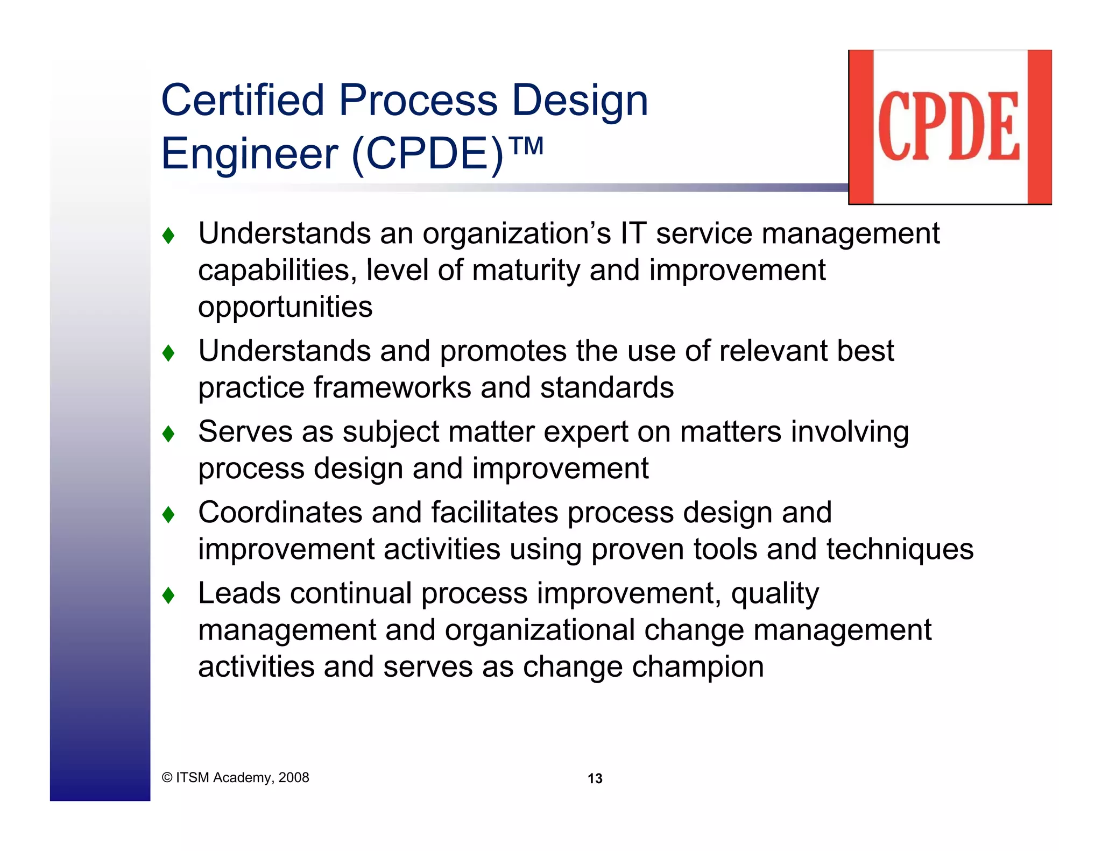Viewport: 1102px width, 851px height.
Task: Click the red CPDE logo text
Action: coord(949,126)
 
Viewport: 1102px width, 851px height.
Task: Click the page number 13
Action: coord(595,778)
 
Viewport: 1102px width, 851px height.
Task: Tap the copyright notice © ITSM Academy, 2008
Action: coord(235,777)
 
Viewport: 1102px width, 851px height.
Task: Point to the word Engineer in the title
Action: coord(250,154)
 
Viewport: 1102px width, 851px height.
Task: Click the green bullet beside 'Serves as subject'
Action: coord(168,434)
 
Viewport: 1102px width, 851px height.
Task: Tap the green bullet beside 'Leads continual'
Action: coord(168,595)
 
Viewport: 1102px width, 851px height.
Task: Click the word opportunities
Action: coord(285,308)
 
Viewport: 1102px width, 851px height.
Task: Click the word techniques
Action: coord(900,550)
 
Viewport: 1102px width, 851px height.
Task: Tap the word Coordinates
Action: coord(280,513)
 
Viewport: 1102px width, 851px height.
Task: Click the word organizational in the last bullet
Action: coord(540,630)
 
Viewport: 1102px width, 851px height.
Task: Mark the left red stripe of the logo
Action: coord(861,127)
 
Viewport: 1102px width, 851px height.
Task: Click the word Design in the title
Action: coord(580,101)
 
